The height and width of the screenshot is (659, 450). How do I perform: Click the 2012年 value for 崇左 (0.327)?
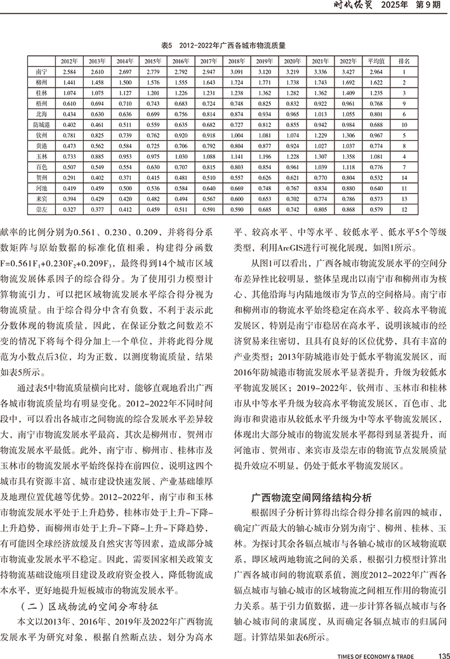coord(69,208)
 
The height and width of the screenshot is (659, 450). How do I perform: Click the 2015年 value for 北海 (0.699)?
coord(153,114)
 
